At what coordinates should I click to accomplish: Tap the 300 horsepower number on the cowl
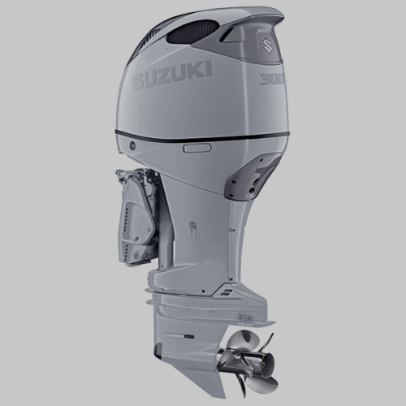pyautogui.click(x=269, y=79)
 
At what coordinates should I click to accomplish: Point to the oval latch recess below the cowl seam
pyautogui.click(x=197, y=148)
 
